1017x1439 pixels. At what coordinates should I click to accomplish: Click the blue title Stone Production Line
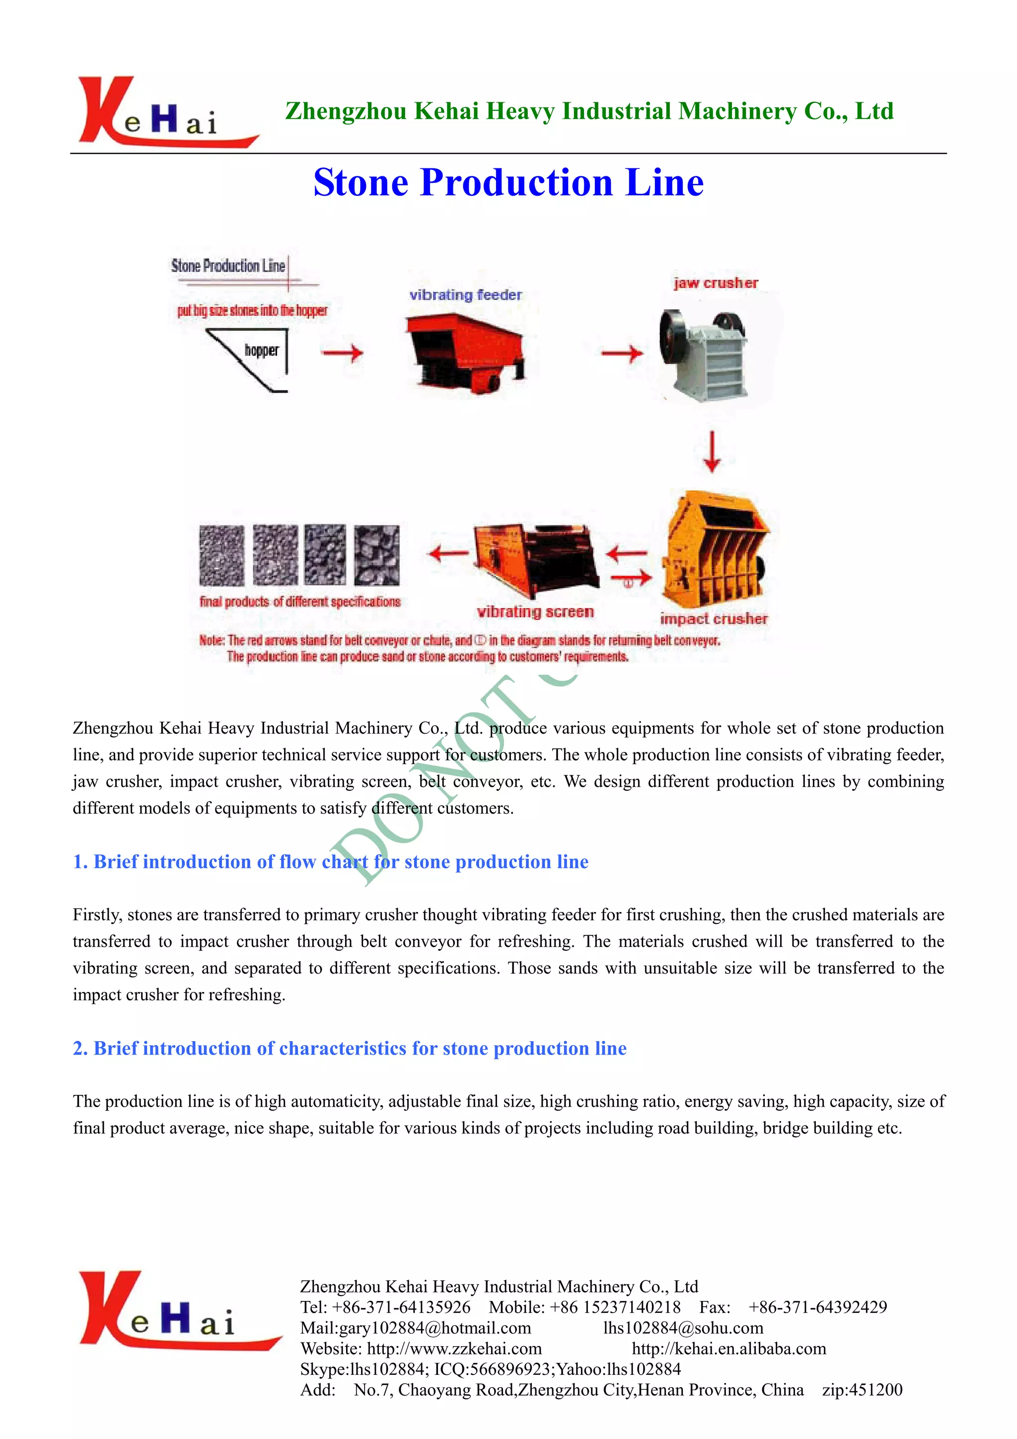coord(508,182)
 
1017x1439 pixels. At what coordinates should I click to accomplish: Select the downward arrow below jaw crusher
coord(711,451)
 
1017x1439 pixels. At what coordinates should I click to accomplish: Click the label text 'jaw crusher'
coord(716,283)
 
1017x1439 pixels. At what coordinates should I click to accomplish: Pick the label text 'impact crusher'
coord(713,618)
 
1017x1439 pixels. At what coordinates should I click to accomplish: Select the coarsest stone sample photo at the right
coord(376,555)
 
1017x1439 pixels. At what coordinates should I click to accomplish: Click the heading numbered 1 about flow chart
coord(330,862)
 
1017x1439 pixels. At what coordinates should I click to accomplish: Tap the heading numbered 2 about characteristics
coord(350,1049)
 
